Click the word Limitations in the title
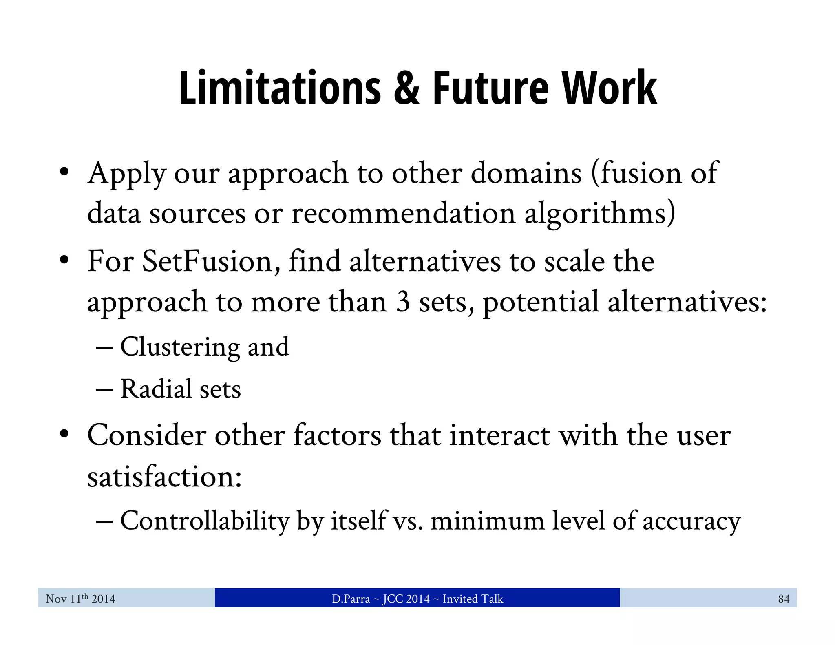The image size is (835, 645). (x=280, y=88)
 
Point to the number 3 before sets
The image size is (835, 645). (x=402, y=302)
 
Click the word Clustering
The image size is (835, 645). (x=179, y=347)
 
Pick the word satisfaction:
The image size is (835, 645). (x=164, y=477)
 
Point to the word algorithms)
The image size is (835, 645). (x=599, y=214)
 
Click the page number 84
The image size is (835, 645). (x=783, y=599)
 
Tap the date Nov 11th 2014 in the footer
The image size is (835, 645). (x=80, y=599)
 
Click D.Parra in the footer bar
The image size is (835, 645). (x=350, y=599)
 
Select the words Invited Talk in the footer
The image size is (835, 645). (x=473, y=599)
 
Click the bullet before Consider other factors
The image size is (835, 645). (x=64, y=435)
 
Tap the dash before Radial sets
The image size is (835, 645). (x=104, y=390)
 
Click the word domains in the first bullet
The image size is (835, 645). (x=526, y=173)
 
